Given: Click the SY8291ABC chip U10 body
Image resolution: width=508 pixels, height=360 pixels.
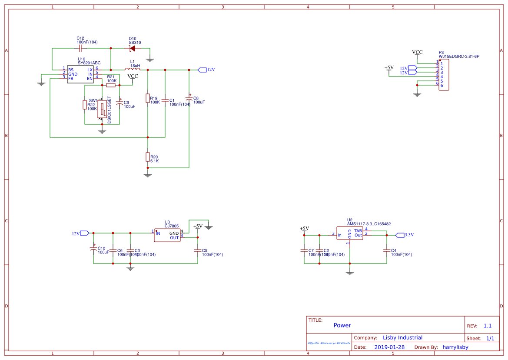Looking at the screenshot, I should [x=80, y=74].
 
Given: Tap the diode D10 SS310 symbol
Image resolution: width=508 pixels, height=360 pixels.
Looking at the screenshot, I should [x=133, y=48].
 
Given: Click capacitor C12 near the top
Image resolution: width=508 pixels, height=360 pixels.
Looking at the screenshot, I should [x=81, y=48].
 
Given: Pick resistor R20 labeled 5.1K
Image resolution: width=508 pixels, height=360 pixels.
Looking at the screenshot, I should [x=148, y=157].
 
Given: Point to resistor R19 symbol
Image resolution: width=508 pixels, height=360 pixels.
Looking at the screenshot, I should [x=148, y=98].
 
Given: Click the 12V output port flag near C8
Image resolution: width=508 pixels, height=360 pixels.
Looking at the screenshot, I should [x=203, y=70].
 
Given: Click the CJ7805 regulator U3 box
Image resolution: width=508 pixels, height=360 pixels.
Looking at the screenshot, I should [x=167, y=235].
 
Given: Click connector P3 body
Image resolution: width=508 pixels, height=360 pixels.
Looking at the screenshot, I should [x=444, y=75].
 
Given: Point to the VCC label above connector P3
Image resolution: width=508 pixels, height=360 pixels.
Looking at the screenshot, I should [x=417, y=52].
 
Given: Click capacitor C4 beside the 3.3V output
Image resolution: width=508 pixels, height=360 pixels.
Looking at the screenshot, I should [x=386, y=250].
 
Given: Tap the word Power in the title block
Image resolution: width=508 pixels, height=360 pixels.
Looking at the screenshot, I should [x=342, y=325].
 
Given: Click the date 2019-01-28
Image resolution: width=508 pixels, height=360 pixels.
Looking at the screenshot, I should [x=389, y=347].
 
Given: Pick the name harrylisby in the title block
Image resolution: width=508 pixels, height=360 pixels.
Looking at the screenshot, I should [x=455, y=347].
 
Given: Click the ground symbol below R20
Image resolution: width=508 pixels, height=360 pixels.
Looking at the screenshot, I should [x=148, y=175].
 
